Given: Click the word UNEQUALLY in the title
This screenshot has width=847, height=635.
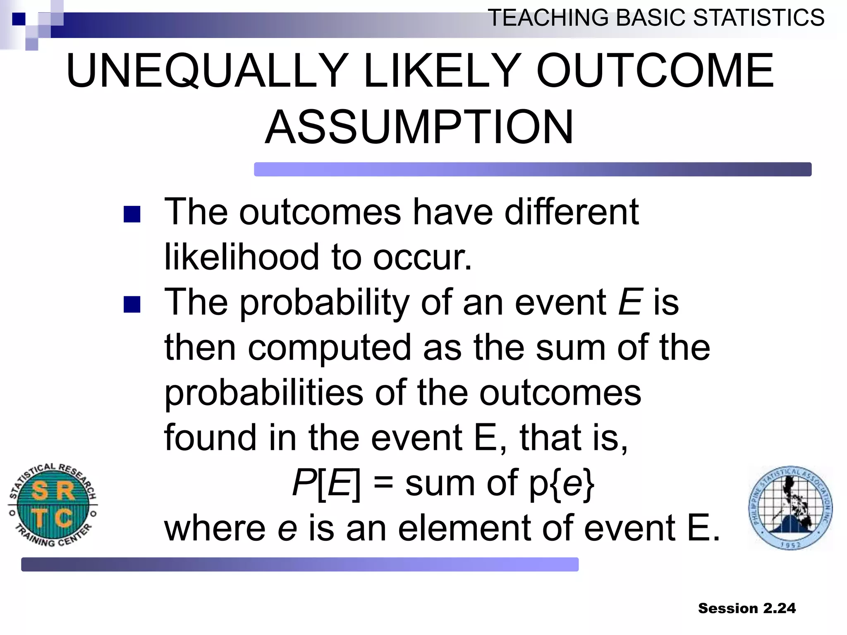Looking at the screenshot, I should coord(207,71).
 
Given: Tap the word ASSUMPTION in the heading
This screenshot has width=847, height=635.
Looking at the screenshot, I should coord(419,127).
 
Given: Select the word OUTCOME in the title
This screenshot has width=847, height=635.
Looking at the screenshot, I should coord(655,71).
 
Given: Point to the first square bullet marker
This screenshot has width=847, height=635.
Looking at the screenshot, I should coord(132,215).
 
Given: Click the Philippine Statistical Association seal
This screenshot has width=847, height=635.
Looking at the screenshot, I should coord(790,508).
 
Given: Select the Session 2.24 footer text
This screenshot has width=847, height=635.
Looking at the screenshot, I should coord(747,608).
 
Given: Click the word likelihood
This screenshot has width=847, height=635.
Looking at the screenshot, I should coord(242,257).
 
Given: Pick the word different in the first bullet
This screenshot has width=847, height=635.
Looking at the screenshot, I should coord(572,212).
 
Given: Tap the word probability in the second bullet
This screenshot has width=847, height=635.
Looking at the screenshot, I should coord(325,303).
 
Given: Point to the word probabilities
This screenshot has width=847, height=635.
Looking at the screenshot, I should coord(264,393).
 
